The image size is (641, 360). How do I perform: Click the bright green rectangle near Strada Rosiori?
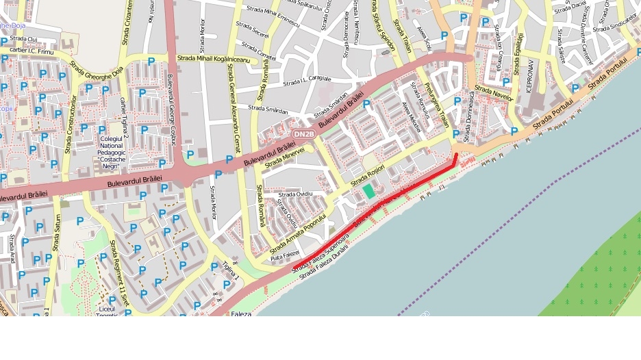tap(370, 191)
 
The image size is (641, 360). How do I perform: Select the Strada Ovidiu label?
tap(295, 194)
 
